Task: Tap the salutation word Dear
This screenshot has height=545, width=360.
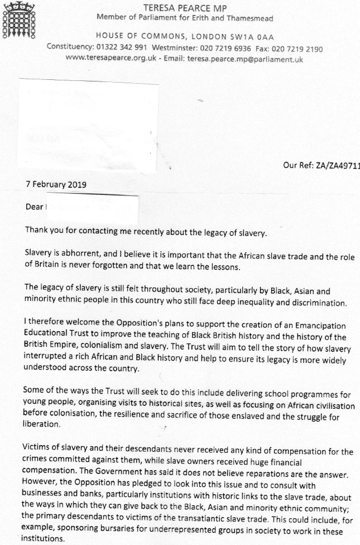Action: point(35,206)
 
